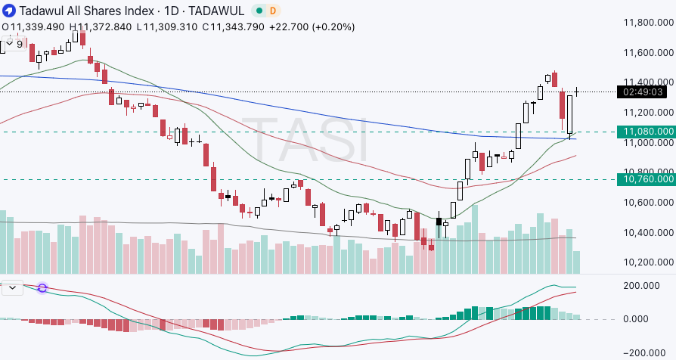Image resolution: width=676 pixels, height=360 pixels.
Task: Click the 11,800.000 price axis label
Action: pos(648,23)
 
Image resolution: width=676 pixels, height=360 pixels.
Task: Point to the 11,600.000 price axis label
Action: pos(648,53)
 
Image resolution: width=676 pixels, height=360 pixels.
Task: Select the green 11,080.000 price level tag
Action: pos(648,132)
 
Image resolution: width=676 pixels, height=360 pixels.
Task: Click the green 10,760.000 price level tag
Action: pos(648,179)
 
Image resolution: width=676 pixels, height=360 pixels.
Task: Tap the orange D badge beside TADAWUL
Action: pos(273,11)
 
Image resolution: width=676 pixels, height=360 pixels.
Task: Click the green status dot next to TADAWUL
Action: pos(259,11)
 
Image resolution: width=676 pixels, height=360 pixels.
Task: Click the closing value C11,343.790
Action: pos(233,26)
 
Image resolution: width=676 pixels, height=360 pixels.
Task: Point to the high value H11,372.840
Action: pos(100,26)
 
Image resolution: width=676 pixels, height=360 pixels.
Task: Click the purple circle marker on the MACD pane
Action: pos(42,288)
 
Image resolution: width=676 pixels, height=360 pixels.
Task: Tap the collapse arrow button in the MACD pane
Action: pos(12,287)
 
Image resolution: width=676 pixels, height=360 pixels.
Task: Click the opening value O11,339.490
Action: pos(33,26)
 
